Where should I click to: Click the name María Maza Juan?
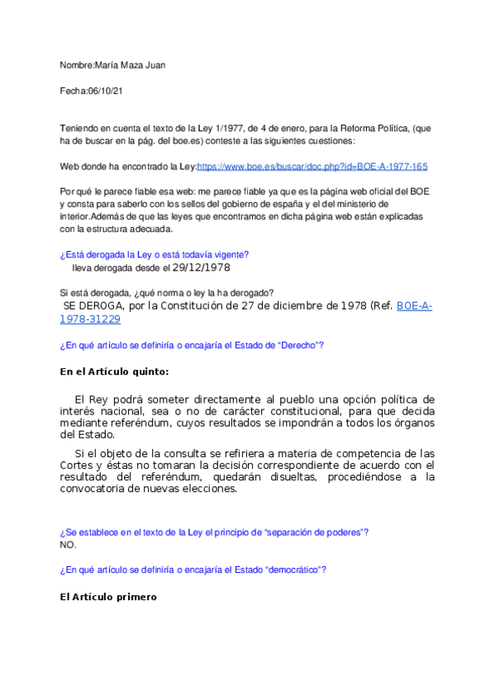coord(131,64)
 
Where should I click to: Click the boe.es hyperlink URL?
coord(312,166)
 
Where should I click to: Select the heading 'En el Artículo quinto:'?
coord(114,371)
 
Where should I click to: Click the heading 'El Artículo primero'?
coord(107,596)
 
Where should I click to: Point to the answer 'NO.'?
coord(68,545)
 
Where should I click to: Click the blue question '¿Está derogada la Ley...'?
coord(155,254)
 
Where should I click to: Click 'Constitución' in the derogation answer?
coord(185,306)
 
